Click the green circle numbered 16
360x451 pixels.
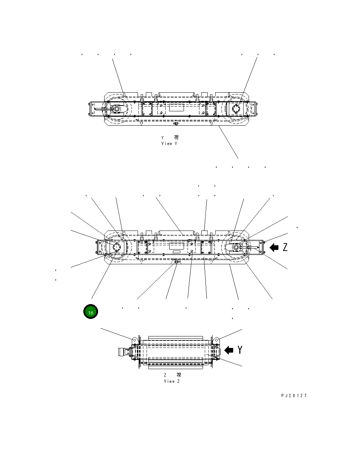pyautogui.click(x=91, y=312)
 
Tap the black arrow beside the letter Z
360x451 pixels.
pyautogui.click(x=274, y=247)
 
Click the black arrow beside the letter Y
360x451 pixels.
pyautogui.click(x=229, y=350)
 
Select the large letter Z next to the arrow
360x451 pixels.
pyautogui.click(x=285, y=247)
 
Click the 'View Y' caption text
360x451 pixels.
pyautogui.click(x=170, y=144)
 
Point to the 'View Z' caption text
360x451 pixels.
pyautogui.click(x=171, y=381)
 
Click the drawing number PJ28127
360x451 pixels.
pyautogui.click(x=294, y=396)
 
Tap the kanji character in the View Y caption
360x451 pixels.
pyautogui.click(x=176, y=138)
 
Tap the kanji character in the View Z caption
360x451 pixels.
pyautogui.click(x=179, y=375)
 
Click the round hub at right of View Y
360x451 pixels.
pyautogui.click(x=236, y=108)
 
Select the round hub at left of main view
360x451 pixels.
pyautogui.click(x=116, y=247)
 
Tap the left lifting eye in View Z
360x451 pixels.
pyautogui.click(x=134, y=339)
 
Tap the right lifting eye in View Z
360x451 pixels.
pyautogui.click(x=217, y=339)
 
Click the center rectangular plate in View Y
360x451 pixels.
pyautogui.click(x=176, y=108)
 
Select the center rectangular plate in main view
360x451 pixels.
pyautogui.click(x=176, y=246)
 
